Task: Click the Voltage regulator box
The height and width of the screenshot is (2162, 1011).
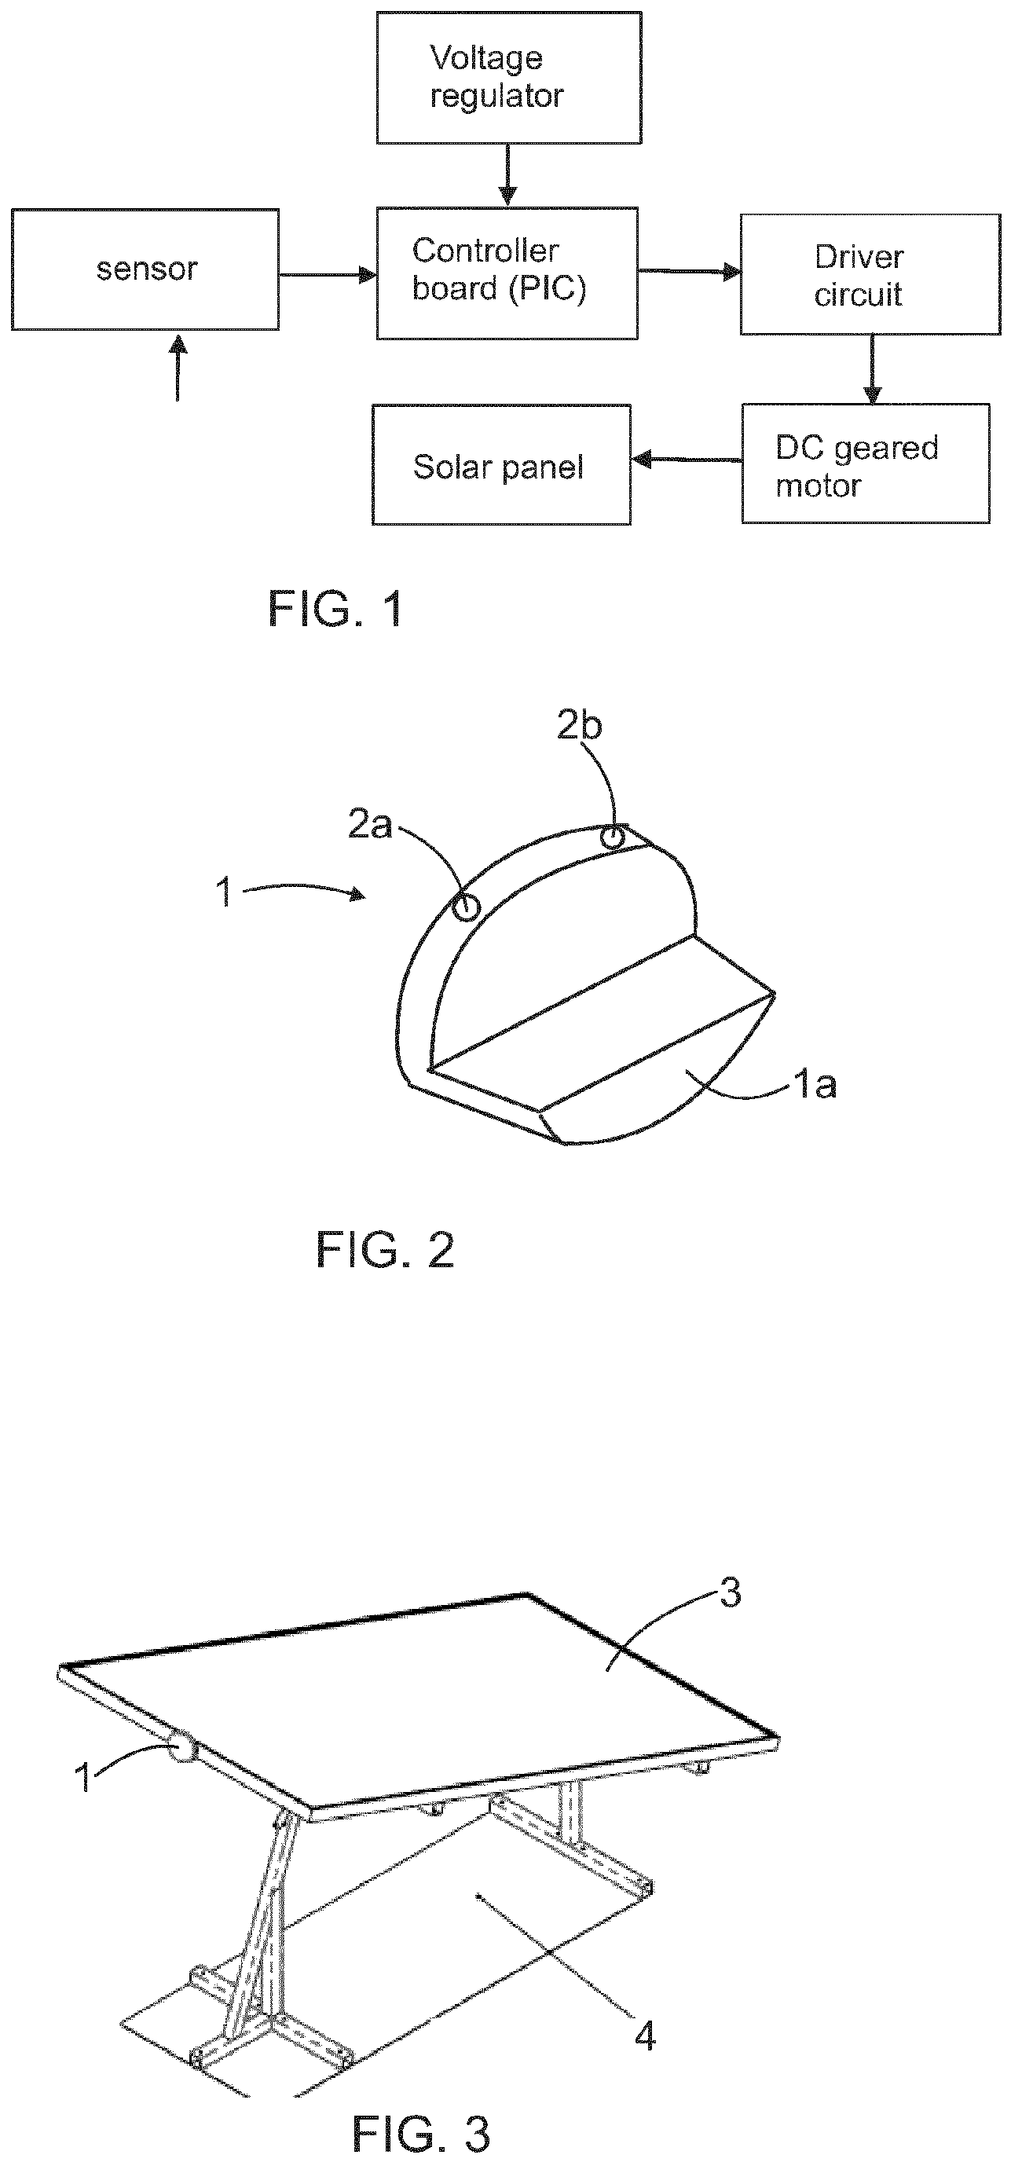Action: [x=508, y=78]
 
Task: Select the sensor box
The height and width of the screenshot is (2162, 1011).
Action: [x=145, y=269]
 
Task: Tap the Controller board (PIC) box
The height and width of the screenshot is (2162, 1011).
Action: [x=507, y=273]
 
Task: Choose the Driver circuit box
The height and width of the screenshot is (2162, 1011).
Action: [x=870, y=274]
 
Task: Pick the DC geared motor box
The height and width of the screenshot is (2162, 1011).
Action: [x=866, y=464]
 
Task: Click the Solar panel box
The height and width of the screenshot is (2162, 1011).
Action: [x=502, y=465]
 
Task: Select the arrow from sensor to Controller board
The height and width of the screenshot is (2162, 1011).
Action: [x=328, y=274]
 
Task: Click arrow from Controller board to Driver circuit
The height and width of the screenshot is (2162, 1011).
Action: [x=689, y=271]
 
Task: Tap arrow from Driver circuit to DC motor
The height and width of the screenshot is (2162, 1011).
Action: [x=873, y=370]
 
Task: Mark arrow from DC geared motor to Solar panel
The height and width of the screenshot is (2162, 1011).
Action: [x=687, y=460]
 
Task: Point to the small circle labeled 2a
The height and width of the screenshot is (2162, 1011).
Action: [x=467, y=907]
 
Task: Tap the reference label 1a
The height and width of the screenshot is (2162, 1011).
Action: [x=815, y=1085]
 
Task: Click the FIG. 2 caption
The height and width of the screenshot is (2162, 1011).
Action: [x=385, y=1250]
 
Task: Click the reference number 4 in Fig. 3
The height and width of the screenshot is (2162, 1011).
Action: [x=645, y=2036]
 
